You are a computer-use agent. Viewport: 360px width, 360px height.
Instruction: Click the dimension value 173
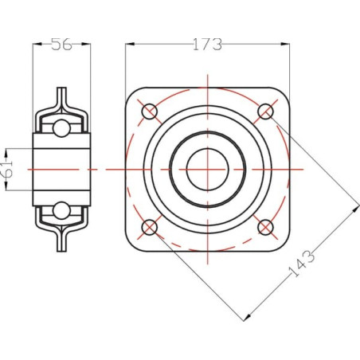point(207,45)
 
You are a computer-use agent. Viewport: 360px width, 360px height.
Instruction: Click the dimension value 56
point(61,44)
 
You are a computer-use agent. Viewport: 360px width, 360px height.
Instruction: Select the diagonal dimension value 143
point(301,264)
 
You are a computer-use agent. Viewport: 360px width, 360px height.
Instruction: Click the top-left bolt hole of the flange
point(150,112)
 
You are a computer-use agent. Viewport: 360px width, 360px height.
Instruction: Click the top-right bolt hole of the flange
point(265,112)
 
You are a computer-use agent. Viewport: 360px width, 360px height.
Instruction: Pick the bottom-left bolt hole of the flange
point(150,227)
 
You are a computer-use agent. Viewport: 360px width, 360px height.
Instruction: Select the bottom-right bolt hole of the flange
point(265,227)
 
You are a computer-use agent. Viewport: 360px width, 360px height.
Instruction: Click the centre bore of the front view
point(208,170)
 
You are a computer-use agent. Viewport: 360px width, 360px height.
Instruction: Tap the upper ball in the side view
point(61,128)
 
